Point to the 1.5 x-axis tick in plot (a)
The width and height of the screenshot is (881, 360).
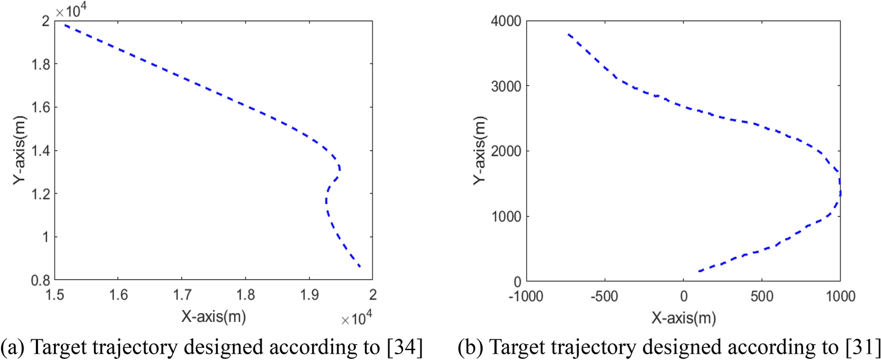point(55,291)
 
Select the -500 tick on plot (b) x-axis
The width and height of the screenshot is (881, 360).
point(604,292)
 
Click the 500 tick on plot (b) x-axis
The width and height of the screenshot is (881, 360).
point(761,292)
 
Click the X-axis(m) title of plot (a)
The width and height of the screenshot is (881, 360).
point(213,317)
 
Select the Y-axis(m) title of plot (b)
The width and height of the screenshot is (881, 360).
point(479,151)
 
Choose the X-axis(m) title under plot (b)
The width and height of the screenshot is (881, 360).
point(682,317)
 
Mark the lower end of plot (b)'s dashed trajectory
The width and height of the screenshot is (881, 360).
point(700,271)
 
